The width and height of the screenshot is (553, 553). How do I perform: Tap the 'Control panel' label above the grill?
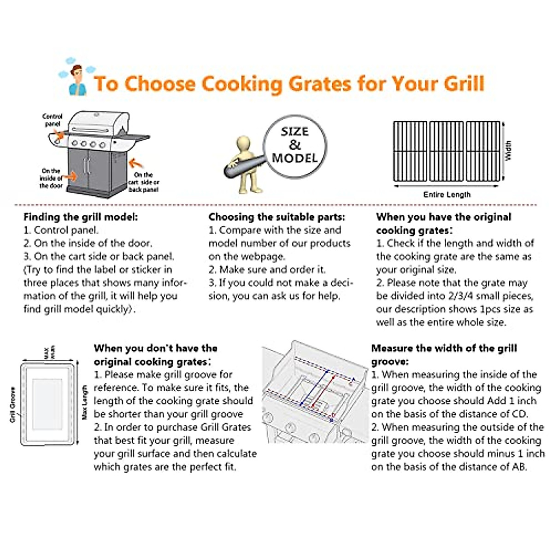pyautogui.click(x=52, y=120)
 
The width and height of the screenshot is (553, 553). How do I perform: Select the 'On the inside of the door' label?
pyautogui.click(x=51, y=178)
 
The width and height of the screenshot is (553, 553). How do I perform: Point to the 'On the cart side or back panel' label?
pyautogui.click(x=143, y=182)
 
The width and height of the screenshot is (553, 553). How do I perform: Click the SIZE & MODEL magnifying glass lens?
pyautogui.click(x=294, y=146)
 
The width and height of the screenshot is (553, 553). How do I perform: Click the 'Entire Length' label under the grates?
pyautogui.click(x=447, y=194)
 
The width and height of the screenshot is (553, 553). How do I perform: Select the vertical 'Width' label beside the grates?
pyautogui.click(x=508, y=151)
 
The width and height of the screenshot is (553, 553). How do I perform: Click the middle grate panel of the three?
pyautogui.click(x=446, y=151)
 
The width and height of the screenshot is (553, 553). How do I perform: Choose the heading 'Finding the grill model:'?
pyautogui.click(x=81, y=217)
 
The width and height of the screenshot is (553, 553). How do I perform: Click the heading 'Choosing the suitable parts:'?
pyautogui.click(x=276, y=217)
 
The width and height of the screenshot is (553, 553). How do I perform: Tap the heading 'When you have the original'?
pyautogui.click(x=443, y=217)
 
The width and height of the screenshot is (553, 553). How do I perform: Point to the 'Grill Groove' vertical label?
pyautogui.click(x=12, y=405)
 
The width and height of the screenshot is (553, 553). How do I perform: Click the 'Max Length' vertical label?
pyautogui.click(x=85, y=402)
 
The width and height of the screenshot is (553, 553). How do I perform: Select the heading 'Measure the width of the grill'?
pyautogui.click(x=444, y=348)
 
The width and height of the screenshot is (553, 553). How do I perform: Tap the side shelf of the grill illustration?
pyautogui.click(x=136, y=137)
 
